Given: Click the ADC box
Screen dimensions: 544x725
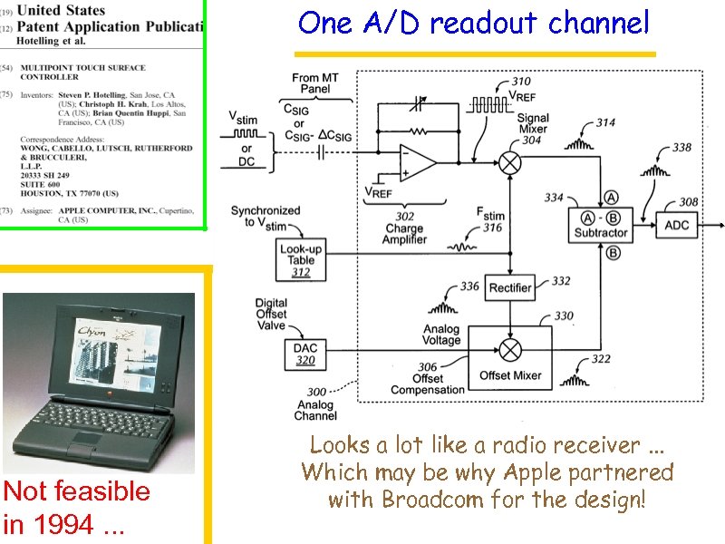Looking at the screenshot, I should (x=677, y=224).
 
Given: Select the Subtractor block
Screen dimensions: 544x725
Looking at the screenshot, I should (x=600, y=225).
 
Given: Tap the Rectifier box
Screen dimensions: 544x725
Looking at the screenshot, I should (x=511, y=287).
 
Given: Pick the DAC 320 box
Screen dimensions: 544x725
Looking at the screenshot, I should (x=305, y=354).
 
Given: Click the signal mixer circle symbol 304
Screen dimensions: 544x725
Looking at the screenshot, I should (x=510, y=164).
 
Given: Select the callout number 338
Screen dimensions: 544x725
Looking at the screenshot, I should (x=681, y=148).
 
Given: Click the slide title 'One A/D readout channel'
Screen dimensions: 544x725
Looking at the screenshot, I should (x=473, y=23).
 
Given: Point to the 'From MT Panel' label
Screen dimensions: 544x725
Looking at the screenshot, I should (x=315, y=83).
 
